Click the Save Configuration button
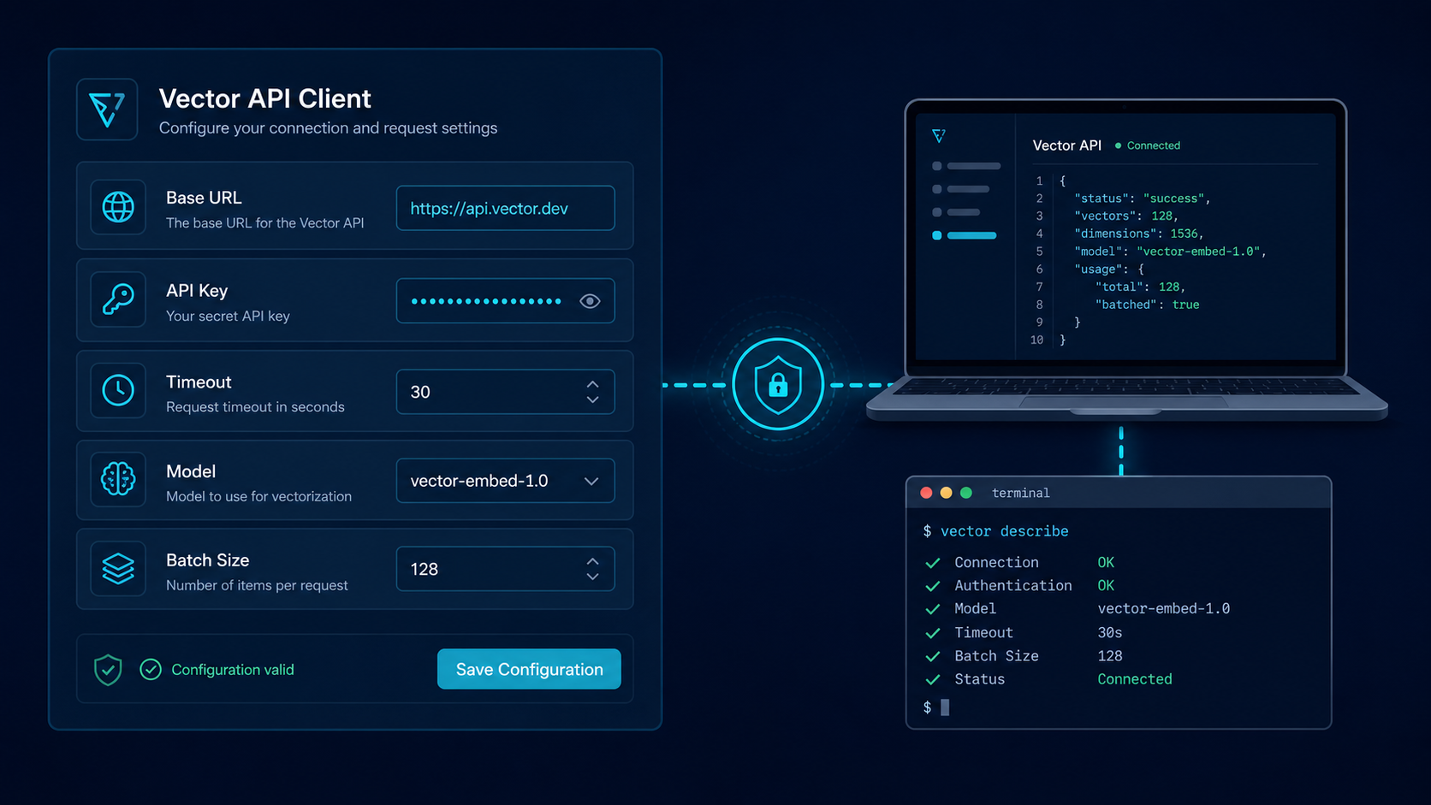(x=529, y=669)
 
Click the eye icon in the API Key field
(x=590, y=300)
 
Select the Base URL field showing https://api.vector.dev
(x=505, y=208)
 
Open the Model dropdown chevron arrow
(x=591, y=482)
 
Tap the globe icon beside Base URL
(x=118, y=207)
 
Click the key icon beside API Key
(x=118, y=299)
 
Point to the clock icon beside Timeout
(x=118, y=390)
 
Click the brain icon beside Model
(x=118, y=479)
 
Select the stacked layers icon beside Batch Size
(x=118, y=568)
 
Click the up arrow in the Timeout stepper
(x=593, y=384)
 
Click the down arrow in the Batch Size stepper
(x=593, y=577)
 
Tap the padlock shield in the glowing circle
(x=777, y=385)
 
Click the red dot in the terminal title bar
(x=926, y=493)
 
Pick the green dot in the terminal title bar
(x=966, y=493)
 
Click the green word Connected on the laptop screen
(x=1153, y=145)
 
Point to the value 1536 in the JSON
(x=1184, y=234)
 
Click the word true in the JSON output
(x=1185, y=305)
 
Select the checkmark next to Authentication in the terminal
(x=933, y=586)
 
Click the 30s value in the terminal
(x=1110, y=633)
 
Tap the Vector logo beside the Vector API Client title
(x=107, y=110)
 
